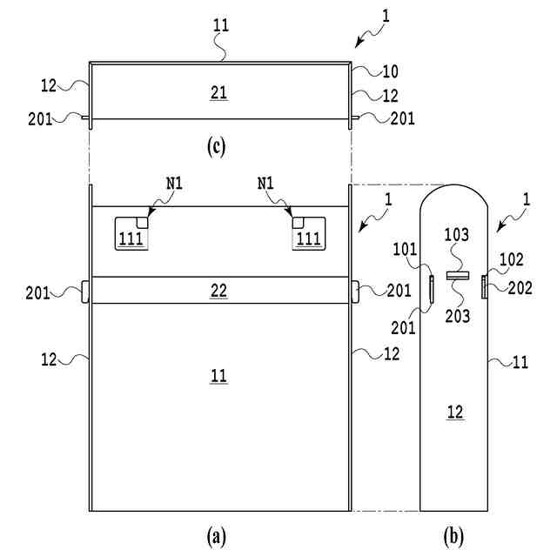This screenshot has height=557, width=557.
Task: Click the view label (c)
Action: click(217, 146)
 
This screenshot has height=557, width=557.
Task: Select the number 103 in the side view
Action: click(458, 258)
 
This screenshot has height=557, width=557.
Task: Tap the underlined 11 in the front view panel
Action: click(219, 376)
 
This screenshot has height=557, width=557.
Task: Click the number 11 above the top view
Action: click(221, 25)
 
